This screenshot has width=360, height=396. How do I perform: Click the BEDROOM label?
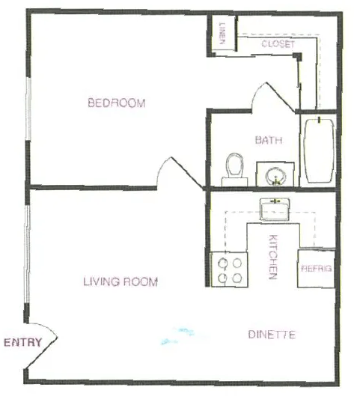click(116, 103)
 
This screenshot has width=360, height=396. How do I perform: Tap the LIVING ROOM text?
click(120, 282)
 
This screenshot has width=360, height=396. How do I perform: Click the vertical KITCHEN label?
click(273, 257)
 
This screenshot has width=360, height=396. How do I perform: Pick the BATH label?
click(267, 140)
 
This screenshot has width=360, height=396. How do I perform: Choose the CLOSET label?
click(278, 44)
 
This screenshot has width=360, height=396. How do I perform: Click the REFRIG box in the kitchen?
click(316, 268)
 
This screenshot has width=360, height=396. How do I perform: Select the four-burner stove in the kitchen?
click(229, 269)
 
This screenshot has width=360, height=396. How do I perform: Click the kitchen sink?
click(277, 210)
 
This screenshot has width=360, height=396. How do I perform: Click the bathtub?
click(320, 150)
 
